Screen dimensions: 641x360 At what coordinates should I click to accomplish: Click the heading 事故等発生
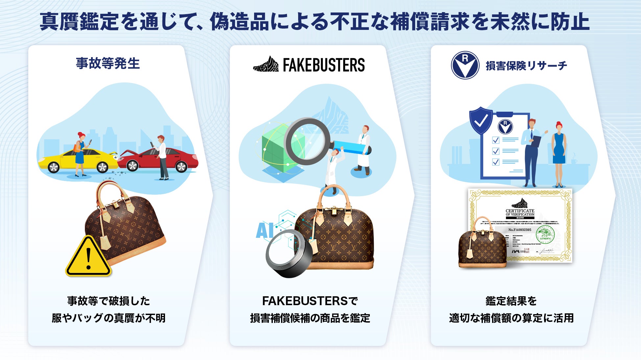pos(108,63)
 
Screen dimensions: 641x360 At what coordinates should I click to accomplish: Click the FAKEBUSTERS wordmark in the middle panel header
pos(323,65)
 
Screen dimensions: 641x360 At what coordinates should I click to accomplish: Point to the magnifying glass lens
pos(306,141)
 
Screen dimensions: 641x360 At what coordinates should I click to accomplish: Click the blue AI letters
pos(265,231)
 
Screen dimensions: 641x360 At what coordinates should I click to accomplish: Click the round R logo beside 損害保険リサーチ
pos(465,65)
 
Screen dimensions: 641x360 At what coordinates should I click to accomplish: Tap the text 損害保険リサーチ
pos(526,66)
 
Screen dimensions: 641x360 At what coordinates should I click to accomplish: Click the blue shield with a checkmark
pos(481,120)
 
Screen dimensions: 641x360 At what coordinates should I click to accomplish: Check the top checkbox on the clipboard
pos(496,140)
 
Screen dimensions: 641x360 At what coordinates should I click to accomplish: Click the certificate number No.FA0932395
pos(519,230)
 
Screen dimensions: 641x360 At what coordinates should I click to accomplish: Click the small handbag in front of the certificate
pos(482,243)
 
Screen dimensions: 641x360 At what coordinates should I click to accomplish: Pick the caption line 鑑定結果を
pos(511,301)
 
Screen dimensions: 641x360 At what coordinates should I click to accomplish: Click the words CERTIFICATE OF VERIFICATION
pos(520,213)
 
